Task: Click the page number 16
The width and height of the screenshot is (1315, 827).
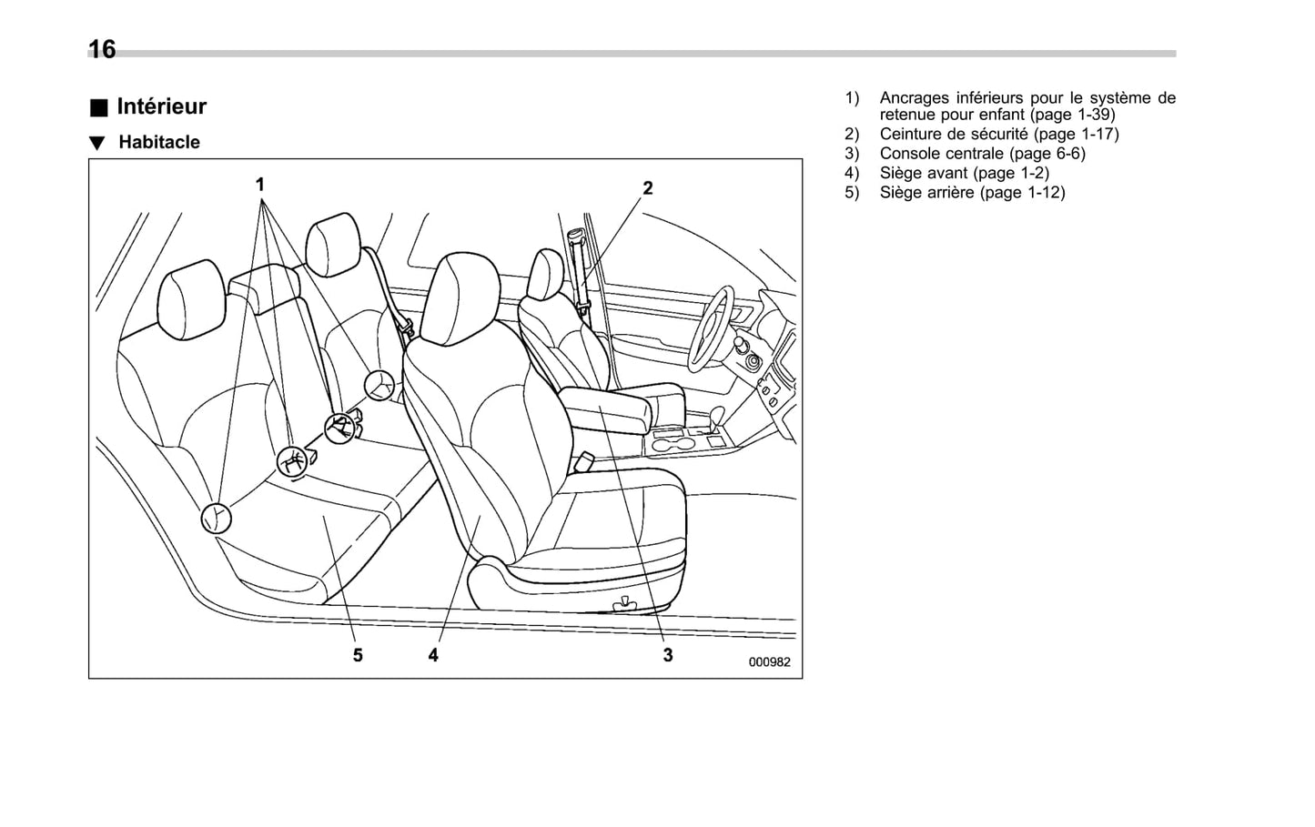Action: coord(102,49)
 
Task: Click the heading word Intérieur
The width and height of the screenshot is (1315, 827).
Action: coord(162,106)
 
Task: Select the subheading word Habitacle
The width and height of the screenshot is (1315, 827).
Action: coord(159,143)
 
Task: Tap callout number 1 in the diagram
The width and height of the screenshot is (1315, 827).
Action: coord(260,185)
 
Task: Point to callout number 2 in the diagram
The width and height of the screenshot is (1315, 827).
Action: coord(648,188)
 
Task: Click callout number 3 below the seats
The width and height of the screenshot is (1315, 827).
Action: coord(668,655)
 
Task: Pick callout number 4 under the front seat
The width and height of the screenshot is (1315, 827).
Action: coord(433,655)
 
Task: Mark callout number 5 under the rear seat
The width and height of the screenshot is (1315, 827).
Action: coord(358,655)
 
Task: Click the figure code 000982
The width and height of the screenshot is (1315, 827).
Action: coord(770,662)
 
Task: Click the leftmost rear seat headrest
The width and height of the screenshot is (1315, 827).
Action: coord(191,300)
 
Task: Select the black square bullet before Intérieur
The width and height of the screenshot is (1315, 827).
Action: coord(98,107)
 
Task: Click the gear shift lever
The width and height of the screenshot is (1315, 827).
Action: coord(718,418)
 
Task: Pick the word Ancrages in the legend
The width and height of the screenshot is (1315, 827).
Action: coord(914,97)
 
